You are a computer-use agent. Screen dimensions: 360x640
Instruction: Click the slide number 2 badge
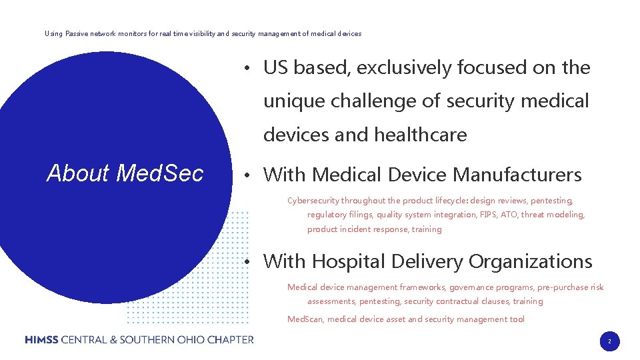pyautogui.click(x=609, y=341)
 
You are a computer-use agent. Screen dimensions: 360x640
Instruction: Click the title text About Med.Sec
pyautogui.click(x=125, y=173)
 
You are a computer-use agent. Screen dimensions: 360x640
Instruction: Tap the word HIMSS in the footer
pyautogui.click(x=41, y=339)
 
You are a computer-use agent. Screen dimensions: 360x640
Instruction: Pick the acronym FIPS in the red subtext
pyautogui.click(x=489, y=215)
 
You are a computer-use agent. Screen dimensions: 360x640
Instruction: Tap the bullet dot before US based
pyautogui.click(x=247, y=68)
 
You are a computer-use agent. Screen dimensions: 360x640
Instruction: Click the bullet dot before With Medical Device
pyautogui.click(x=247, y=175)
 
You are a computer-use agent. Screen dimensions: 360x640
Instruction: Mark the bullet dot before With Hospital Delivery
pyautogui.click(x=247, y=262)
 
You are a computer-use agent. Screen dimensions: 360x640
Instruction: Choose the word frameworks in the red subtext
pyautogui.click(x=423, y=287)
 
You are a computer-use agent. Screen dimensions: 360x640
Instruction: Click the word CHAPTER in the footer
pyautogui.click(x=231, y=339)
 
